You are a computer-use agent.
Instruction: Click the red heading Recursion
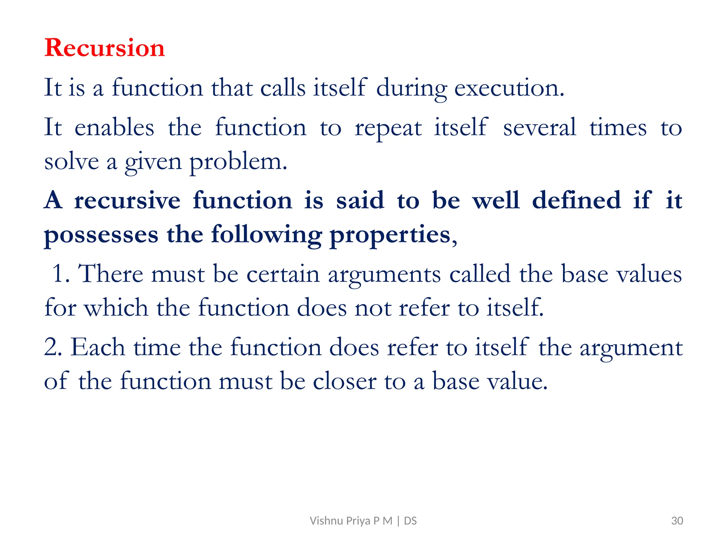click(x=105, y=48)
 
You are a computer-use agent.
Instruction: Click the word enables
click(x=114, y=127)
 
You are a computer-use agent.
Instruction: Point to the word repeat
click(x=388, y=128)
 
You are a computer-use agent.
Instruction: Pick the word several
click(x=540, y=127)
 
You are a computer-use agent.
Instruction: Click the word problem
click(x=238, y=162)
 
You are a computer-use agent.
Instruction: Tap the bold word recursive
click(x=127, y=200)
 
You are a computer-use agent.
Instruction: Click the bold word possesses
click(x=101, y=235)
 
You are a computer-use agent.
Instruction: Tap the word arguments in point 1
click(x=384, y=275)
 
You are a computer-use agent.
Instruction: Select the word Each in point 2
click(x=98, y=347)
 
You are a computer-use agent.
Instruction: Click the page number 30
click(x=677, y=521)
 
